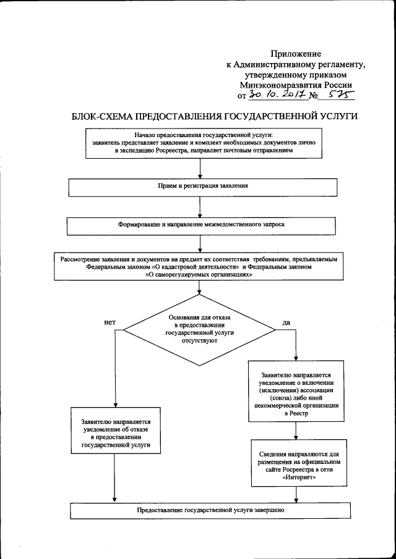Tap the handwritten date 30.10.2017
click(282, 95)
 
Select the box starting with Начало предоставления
click(199, 143)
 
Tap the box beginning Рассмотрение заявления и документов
click(199, 267)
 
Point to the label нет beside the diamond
click(109, 322)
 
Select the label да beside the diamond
click(286, 322)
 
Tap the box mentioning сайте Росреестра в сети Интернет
click(296, 461)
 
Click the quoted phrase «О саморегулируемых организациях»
click(199, 276)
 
